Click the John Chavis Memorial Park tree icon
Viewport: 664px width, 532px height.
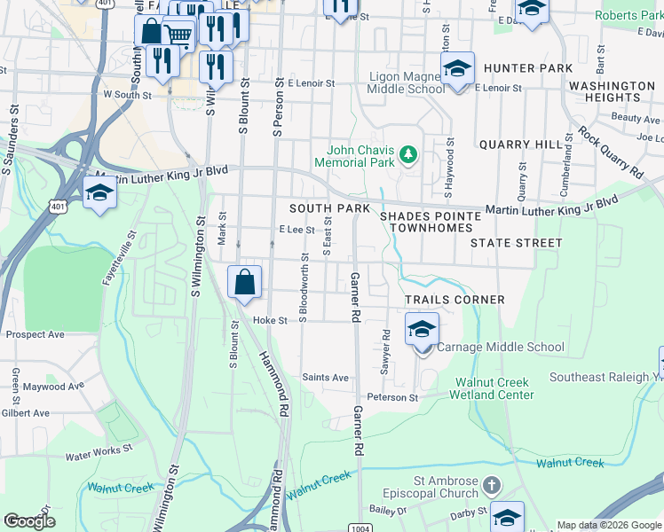click(408, 156)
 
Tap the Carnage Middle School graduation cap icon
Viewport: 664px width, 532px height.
click(422, 330)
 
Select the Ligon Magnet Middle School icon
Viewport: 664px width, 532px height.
click(457, 68)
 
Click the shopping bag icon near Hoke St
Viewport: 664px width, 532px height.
click(245, 283)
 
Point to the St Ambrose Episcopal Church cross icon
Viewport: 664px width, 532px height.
click(494, 486)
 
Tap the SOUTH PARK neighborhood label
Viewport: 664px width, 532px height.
click(329, 207)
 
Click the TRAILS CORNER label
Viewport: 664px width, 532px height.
click(455, 300)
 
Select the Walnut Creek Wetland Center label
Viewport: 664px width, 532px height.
click(494, 388)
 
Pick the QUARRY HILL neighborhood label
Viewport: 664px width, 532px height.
click(520, 144)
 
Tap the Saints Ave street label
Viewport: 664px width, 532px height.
click(326, 377)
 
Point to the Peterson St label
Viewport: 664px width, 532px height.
click(392, 398)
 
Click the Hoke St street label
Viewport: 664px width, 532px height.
click(271, 320)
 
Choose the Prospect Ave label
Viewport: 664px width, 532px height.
click(36, 335)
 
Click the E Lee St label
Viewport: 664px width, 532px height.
click(296, 229)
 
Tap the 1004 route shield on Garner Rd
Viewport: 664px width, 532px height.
click(359, 528)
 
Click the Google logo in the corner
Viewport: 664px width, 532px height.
click(30, 521)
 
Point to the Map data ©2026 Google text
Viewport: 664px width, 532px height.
click(609, 525)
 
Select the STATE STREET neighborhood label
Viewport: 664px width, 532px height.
click(516, 242)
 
